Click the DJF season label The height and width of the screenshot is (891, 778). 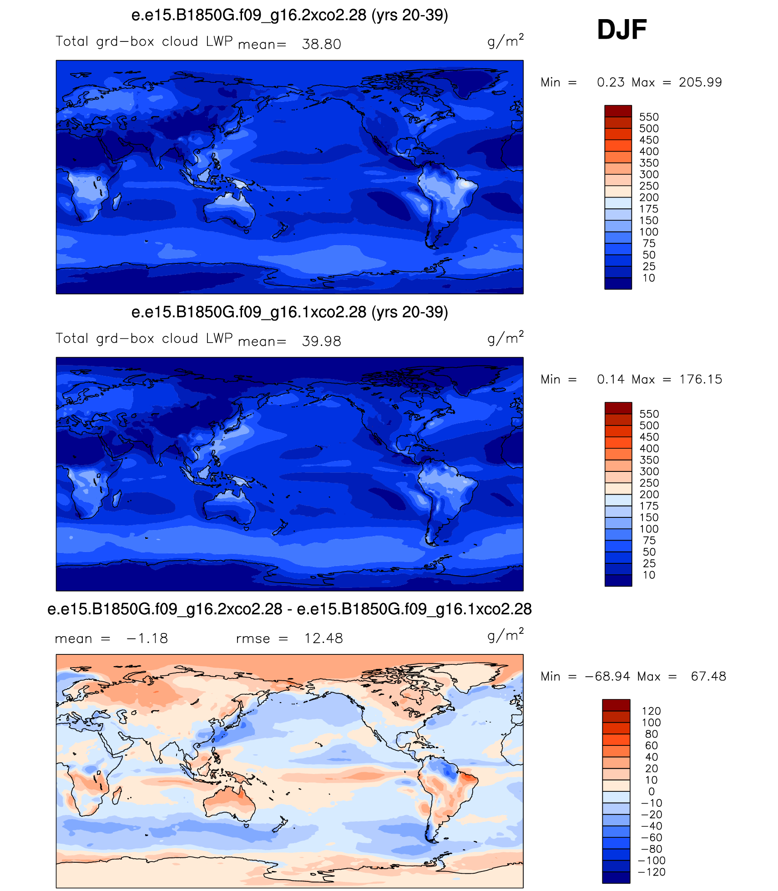[x=621, y=30]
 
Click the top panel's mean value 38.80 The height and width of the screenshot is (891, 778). [x=321, y=44]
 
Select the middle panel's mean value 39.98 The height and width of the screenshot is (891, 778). [x=321, y=341]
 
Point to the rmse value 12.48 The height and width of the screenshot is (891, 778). [x=323, y=638]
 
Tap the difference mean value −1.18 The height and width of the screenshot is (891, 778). [x=147, y=638]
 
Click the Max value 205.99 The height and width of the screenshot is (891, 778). [x=700, y=82]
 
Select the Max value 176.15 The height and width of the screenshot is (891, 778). [x=701, y=380]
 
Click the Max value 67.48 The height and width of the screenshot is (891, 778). [x=708, y=677]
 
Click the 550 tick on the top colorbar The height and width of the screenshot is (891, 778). [x=649, y=117]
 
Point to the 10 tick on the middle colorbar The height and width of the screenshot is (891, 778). [x=649, y=575]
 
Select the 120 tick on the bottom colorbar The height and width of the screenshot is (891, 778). [x=651, y=711]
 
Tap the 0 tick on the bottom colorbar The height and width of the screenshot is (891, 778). [x=652, y=791]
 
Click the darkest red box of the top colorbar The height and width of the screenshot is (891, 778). [x=618, y=111]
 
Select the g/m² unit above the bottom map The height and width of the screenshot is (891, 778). [x=505, y=634]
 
